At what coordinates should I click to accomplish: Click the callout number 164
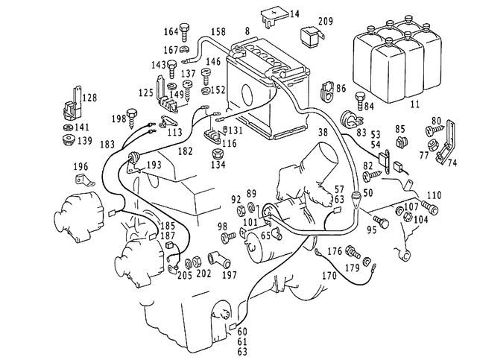coord(171,31)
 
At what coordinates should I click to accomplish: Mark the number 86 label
coord(341,89)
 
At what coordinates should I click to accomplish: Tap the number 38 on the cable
coord(323,133)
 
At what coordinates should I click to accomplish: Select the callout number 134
coord(218,164)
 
